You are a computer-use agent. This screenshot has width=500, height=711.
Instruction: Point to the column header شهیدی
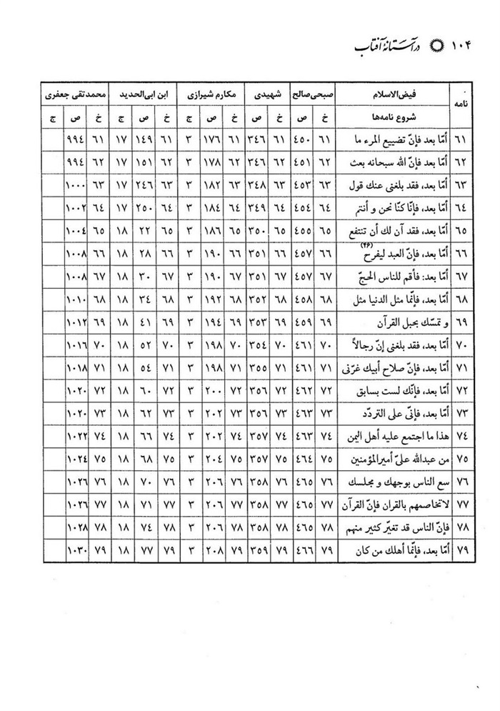tap(264, 94)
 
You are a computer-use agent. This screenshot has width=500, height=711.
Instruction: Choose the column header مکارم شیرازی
tap(210, 94)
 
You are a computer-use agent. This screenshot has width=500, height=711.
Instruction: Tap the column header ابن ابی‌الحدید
tap(144, 94)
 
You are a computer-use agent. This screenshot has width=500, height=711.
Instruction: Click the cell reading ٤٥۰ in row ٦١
tap(301, 138)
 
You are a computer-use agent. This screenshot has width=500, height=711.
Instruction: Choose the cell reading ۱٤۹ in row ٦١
tap(144, 138)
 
